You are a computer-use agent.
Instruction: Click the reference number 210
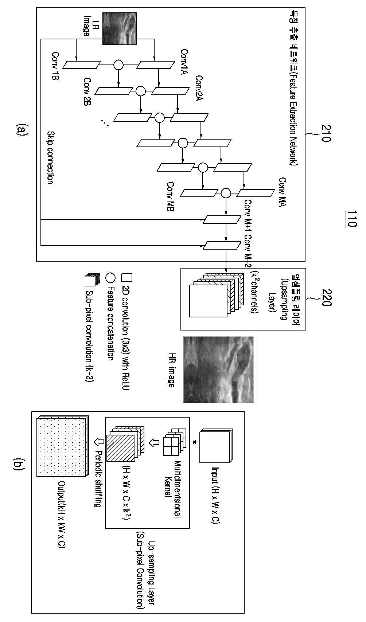[x=326, y=133]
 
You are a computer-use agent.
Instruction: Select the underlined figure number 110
[x=351, y=219]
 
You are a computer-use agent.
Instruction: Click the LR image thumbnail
[x=120, y=28]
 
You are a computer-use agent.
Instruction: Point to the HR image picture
[x=218, y=369]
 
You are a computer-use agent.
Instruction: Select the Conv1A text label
[x=184, y=62]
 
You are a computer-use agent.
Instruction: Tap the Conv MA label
[x=283, y=192]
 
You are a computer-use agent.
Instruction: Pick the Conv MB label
[x=170, y=197]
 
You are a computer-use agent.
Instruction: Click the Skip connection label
[x=50, y=157]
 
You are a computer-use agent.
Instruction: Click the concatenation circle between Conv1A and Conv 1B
[x=118, y=65]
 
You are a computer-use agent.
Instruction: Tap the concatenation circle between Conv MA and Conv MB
[x=226, y=193]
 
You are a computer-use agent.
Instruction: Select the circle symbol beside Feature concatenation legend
[x=110, y=277]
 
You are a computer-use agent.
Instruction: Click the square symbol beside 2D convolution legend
[x=126, y=277]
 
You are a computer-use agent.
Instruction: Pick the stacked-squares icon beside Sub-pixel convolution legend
[x=92, y=280]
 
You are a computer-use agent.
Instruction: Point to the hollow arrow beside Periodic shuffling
[x=99, y=441]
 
